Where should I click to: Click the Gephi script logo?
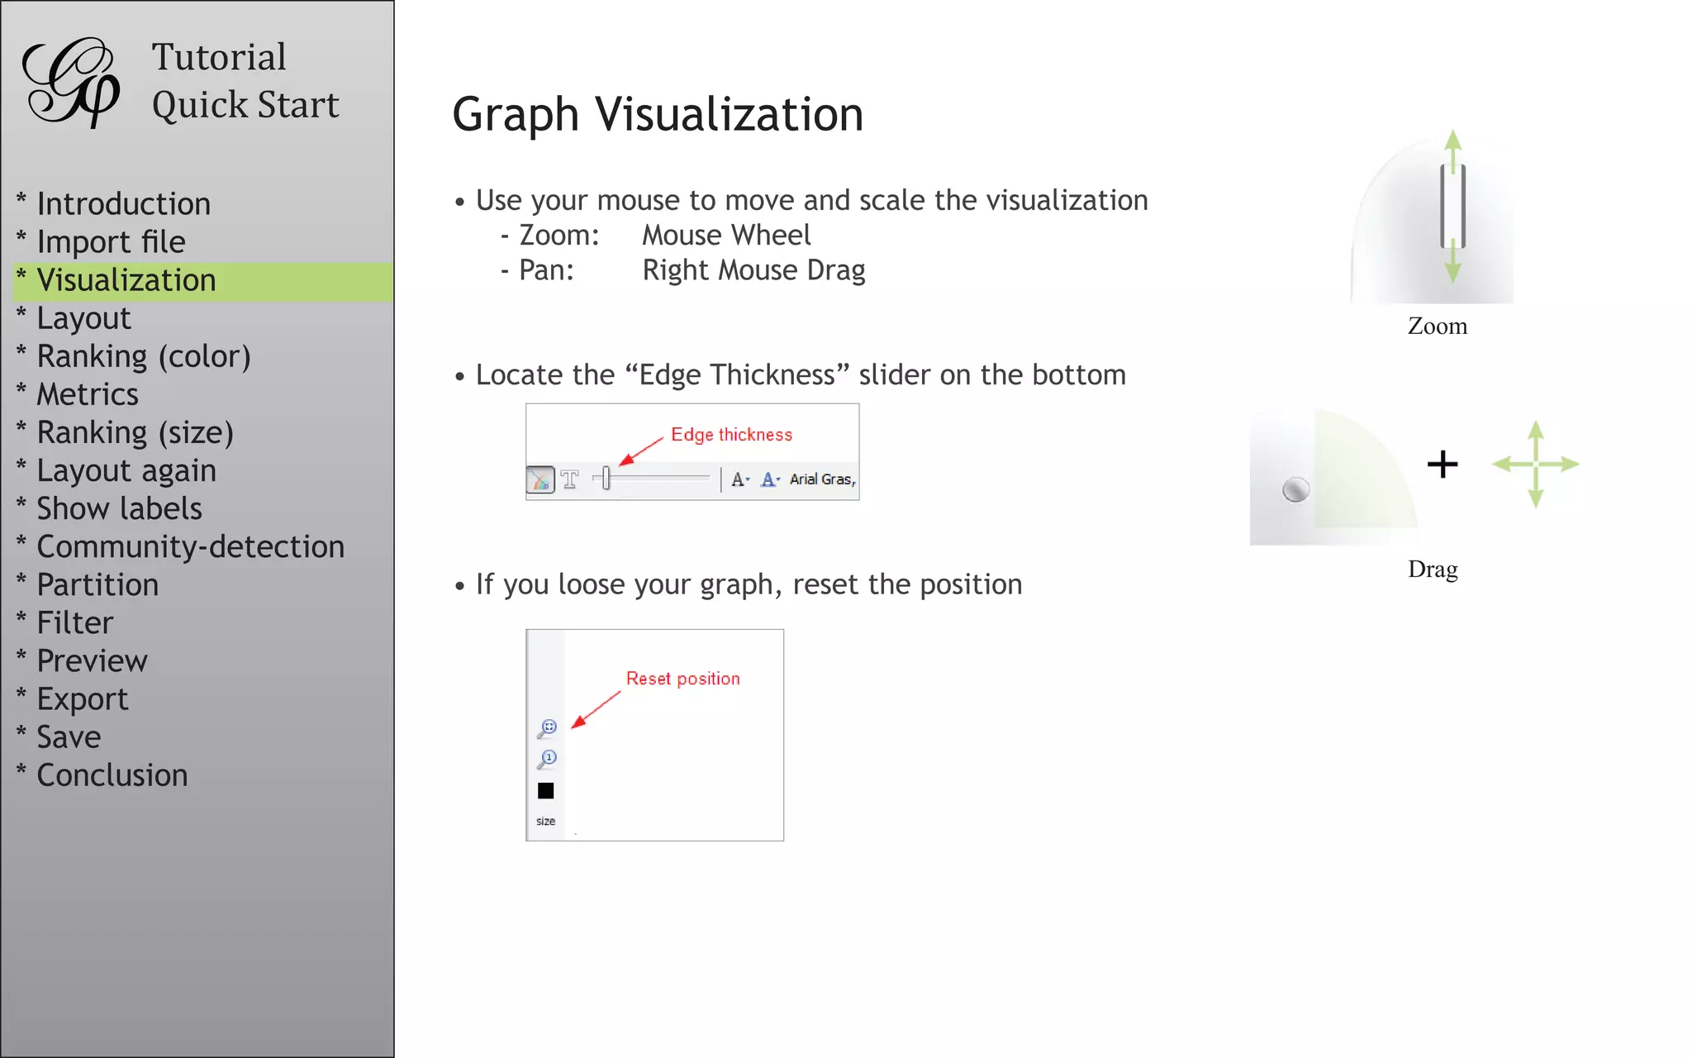[73, 82]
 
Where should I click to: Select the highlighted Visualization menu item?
[126, 280]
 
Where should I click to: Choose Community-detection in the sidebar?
[190, 547]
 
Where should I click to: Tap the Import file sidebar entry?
[111, 242]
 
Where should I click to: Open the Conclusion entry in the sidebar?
[112, 775]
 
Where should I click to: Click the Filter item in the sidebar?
[75, 623]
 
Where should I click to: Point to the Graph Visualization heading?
[658, 114]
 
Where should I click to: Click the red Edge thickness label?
[731, 435]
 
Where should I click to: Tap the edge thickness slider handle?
[606, 478]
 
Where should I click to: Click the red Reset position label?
[682, 679]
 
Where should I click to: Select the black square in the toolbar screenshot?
[546, 791]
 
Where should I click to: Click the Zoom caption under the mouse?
[1438, 326]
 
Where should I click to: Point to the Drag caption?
[1433, 570]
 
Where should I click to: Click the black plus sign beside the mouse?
[1442, 465]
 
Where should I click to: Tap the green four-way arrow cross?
[1536, 465]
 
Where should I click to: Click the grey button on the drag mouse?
[1295, 490]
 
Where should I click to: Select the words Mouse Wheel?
[726, 236]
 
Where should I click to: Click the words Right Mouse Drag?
[753, 270]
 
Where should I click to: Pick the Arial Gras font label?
[822, 479]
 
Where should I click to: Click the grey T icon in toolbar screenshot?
[570, 479]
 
